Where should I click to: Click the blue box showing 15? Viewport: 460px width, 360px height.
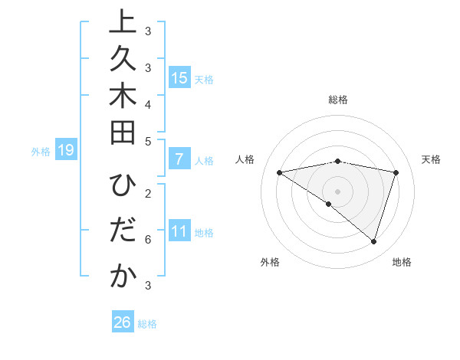pyautogui.click(x=179, y=78)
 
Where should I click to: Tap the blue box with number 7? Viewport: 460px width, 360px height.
pyautogui.click(x=179, y=160)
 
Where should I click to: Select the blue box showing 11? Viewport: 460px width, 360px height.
pyautogui.click(x=179, y=232)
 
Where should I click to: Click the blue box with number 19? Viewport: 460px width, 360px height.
pyautogui.click(x=66, y=151)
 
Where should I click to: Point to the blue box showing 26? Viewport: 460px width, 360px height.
pyautogui.click(x=123, y=322)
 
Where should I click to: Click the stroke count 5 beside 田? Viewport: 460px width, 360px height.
pyautogui.click(x=148, y=140)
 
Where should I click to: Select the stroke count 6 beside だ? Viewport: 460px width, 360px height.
pyautogui.click(x=148, y=240)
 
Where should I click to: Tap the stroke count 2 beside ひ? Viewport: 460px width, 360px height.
pyautogui.click(x=148, y=192)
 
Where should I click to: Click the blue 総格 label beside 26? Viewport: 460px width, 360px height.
pyautogui.click(x=147, y=324)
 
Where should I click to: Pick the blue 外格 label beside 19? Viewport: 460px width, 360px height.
pyautogui.click(x=41, y=152)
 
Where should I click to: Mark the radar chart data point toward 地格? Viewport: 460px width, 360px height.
pyautogui.click(x=373, y=241)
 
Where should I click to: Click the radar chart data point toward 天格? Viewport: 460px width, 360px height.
pyautogui.click(x=396, y=172)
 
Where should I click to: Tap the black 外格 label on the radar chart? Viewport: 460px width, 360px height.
pyautogui.click(x=270, y=262)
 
